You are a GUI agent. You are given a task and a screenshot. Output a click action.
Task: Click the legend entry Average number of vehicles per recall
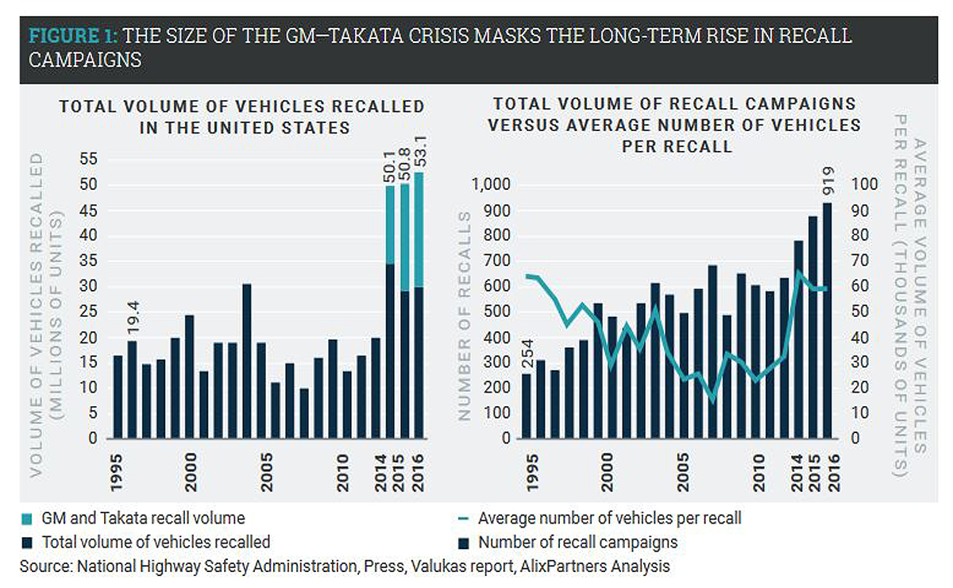click(x=610, y=519)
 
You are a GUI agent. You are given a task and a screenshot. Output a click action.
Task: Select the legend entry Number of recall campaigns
click(x=578, y=543)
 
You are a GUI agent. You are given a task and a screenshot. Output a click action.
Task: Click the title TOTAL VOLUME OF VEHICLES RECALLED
click(x=243, y=106)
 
